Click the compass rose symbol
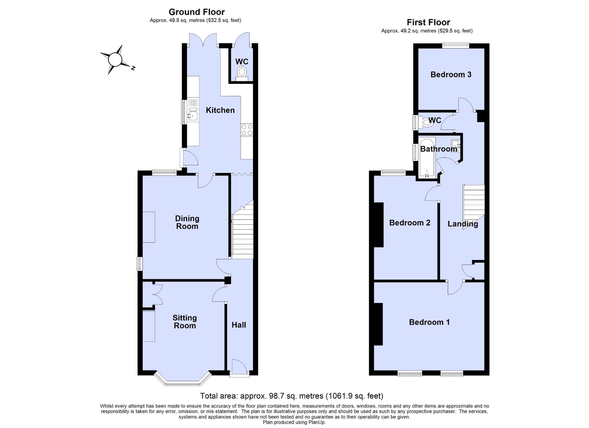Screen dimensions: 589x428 pyautogui.click(x=115, y=60)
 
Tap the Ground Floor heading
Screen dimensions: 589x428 pyautogui.click(x=197, y=12)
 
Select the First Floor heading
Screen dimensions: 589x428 pyautogui.click(x=428, y=22)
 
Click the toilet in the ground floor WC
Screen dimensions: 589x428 pyautogui.click(x=242, y=73)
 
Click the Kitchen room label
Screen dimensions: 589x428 pyautogui.click(x=220, y=110)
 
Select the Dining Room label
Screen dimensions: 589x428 pyautogui.click(x=187, y=222)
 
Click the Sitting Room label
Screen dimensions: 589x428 pyautogui.click(x=185, y=322)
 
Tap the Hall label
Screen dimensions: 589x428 pyautogui.click(x=239, y=325)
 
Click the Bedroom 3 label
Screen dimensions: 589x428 pyautogui.click(x=451, y=74)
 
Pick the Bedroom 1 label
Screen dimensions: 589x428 pyautogui.click(x=429, y=322)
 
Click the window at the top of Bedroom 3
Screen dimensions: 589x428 pyautogui.click(x=456, y=45)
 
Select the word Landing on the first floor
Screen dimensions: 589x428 pyautogui.click(x=463, y=224)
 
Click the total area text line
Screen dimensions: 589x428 pyautogui.click(x=291, y=396)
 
